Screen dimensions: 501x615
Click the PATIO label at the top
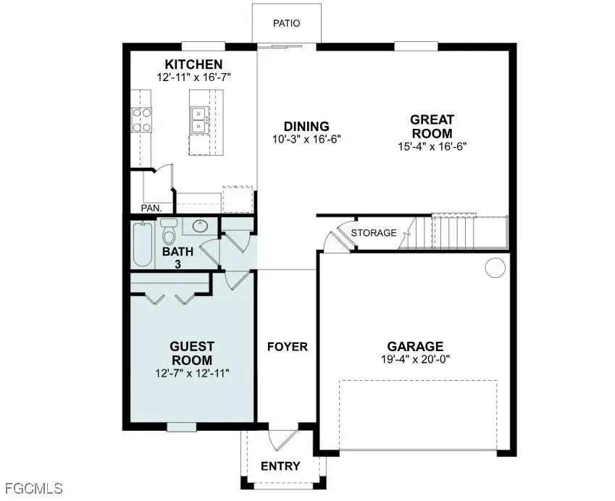[286, 24]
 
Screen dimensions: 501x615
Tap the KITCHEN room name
[193, 65]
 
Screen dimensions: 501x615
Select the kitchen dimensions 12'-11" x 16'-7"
[193, 77]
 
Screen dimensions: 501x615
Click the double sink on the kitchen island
[198, 119]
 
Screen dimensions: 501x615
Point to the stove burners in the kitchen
[141, 119]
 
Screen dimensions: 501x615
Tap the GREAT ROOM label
[432, 127]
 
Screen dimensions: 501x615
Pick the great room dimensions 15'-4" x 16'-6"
[432, 146]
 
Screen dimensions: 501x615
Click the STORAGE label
[374, 233]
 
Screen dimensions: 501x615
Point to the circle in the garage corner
[495, 268]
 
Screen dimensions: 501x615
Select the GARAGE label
[414, 347]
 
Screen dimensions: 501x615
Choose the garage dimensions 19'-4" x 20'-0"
[414, 359]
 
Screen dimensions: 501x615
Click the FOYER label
[288, 347]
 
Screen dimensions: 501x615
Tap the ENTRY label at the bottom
[280, 466]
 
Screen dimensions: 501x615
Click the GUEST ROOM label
[192, 353]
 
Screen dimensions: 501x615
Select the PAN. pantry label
[151, 209]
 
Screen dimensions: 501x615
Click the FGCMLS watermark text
[32, 488]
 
